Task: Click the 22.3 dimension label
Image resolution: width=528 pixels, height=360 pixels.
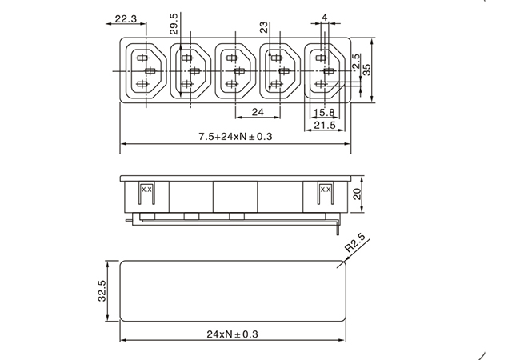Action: click(x=126, y=19)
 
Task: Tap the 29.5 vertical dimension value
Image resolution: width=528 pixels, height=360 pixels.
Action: click(x=174, y=23)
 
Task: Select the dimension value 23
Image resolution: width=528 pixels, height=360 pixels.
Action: click(x=264, y=27)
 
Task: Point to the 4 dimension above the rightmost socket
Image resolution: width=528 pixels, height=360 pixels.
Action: click(x=325, y=17)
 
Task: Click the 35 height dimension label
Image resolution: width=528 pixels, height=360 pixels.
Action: click(x=366, y=70)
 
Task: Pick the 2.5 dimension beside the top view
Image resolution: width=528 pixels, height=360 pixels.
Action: click(x=356, y=62)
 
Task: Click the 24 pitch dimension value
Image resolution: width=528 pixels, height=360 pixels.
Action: click(x=258, y=112)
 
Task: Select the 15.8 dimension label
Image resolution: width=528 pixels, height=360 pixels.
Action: click(x=324, y=112)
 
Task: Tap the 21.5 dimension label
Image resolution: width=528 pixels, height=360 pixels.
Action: click(x=325, y=125)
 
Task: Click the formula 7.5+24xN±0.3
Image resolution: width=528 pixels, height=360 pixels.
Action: click(x=235, y=137)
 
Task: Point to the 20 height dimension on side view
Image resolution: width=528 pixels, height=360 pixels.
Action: click(x=357, y=194)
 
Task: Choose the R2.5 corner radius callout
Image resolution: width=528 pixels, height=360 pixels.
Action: click(x=355, y=243)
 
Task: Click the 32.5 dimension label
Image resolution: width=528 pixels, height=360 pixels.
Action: click(x=102, y=290)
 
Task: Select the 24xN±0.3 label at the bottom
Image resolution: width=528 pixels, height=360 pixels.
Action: click(x=232, y=334)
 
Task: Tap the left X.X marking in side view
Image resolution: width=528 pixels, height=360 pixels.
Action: click(x=146, y=190)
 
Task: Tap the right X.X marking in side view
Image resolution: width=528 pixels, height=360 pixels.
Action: click(x=326, y=190)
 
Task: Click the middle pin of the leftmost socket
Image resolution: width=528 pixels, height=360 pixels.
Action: click(x=150, y=71)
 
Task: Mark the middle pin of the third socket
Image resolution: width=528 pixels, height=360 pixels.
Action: click(x=239, y=71)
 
